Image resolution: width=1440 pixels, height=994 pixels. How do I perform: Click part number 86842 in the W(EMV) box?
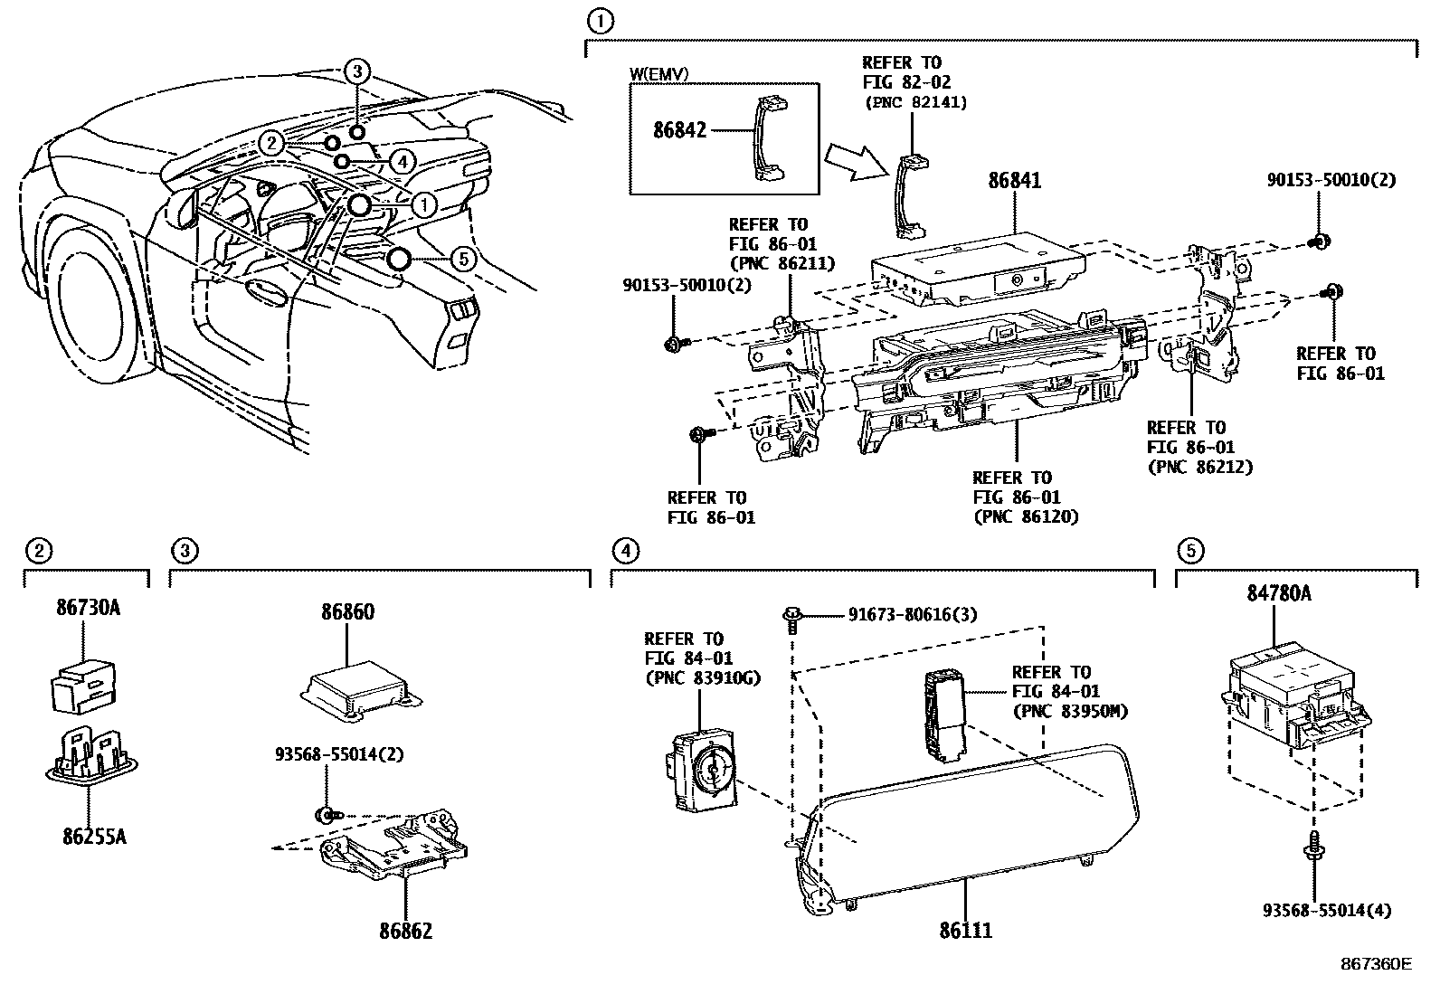click(680, 130)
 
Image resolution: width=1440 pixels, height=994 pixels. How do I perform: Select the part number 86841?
click(1014, 181)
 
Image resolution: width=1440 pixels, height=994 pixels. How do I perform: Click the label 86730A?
click(88, 607)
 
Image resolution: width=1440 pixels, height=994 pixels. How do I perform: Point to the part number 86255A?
click(94, 837)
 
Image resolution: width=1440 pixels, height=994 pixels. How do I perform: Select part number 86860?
click(347, 612)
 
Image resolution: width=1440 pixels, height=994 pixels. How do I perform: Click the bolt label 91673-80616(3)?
click(913, 615)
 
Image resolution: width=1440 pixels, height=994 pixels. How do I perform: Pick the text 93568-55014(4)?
click(1327, 911)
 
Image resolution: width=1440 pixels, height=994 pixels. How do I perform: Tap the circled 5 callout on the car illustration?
click(462, 260)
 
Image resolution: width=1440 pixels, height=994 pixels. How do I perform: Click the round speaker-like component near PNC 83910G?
click(708, 765)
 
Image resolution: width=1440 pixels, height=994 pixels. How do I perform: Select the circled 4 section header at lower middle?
click(623, 549)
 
